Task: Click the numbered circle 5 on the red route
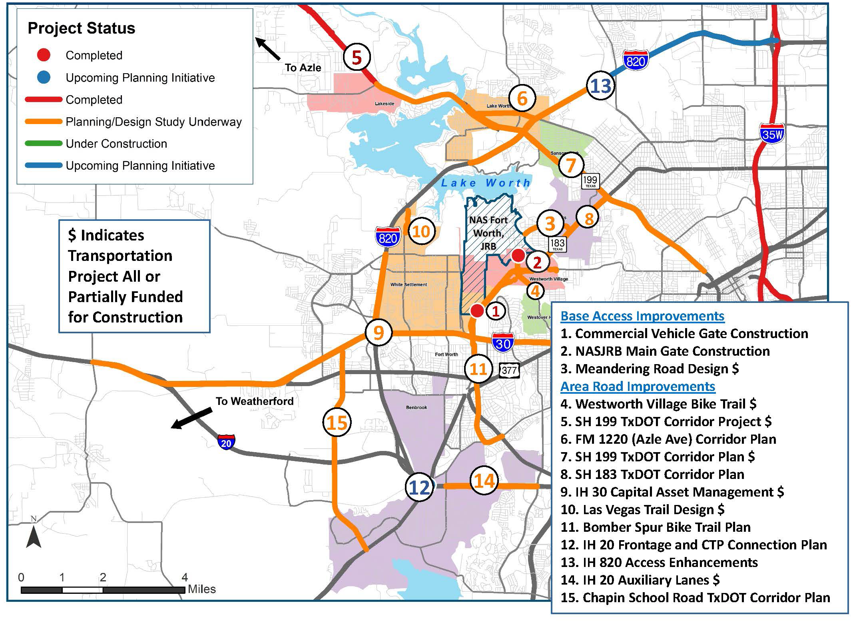(357, 57)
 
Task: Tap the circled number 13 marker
(600, 86)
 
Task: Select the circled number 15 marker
(337, 423)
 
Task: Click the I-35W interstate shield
(771, 134)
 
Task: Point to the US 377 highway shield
(509, 370)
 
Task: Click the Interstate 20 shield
(226, 443)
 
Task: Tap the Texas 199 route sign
(590, 181)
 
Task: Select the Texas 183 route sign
(557, 244)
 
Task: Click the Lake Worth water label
(486, 183)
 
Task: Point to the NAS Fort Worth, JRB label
(488, 233)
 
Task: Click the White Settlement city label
(409, 284)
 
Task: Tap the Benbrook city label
(417, 407)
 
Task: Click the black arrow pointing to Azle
(268, 49)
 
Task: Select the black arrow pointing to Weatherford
(191, 418)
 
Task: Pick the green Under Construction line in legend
(44, 143)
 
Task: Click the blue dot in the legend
(44, 77)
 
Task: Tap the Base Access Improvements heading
(642, 316)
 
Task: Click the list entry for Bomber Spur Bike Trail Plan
(656, 527)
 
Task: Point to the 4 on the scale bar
(184, 577)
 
